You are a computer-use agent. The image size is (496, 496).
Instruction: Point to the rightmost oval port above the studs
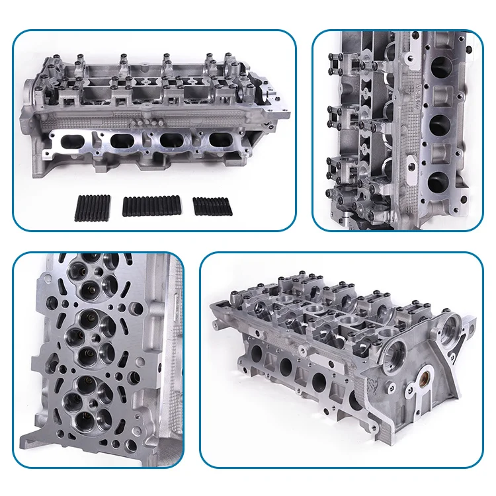click(x=220, y=142)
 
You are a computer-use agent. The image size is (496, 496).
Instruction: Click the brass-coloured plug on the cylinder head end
click(x=419, y=382)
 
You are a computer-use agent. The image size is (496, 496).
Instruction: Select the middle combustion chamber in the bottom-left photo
click(x=93, y=337)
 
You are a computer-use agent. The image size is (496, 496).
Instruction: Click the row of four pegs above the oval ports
click(x=146, y=123)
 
